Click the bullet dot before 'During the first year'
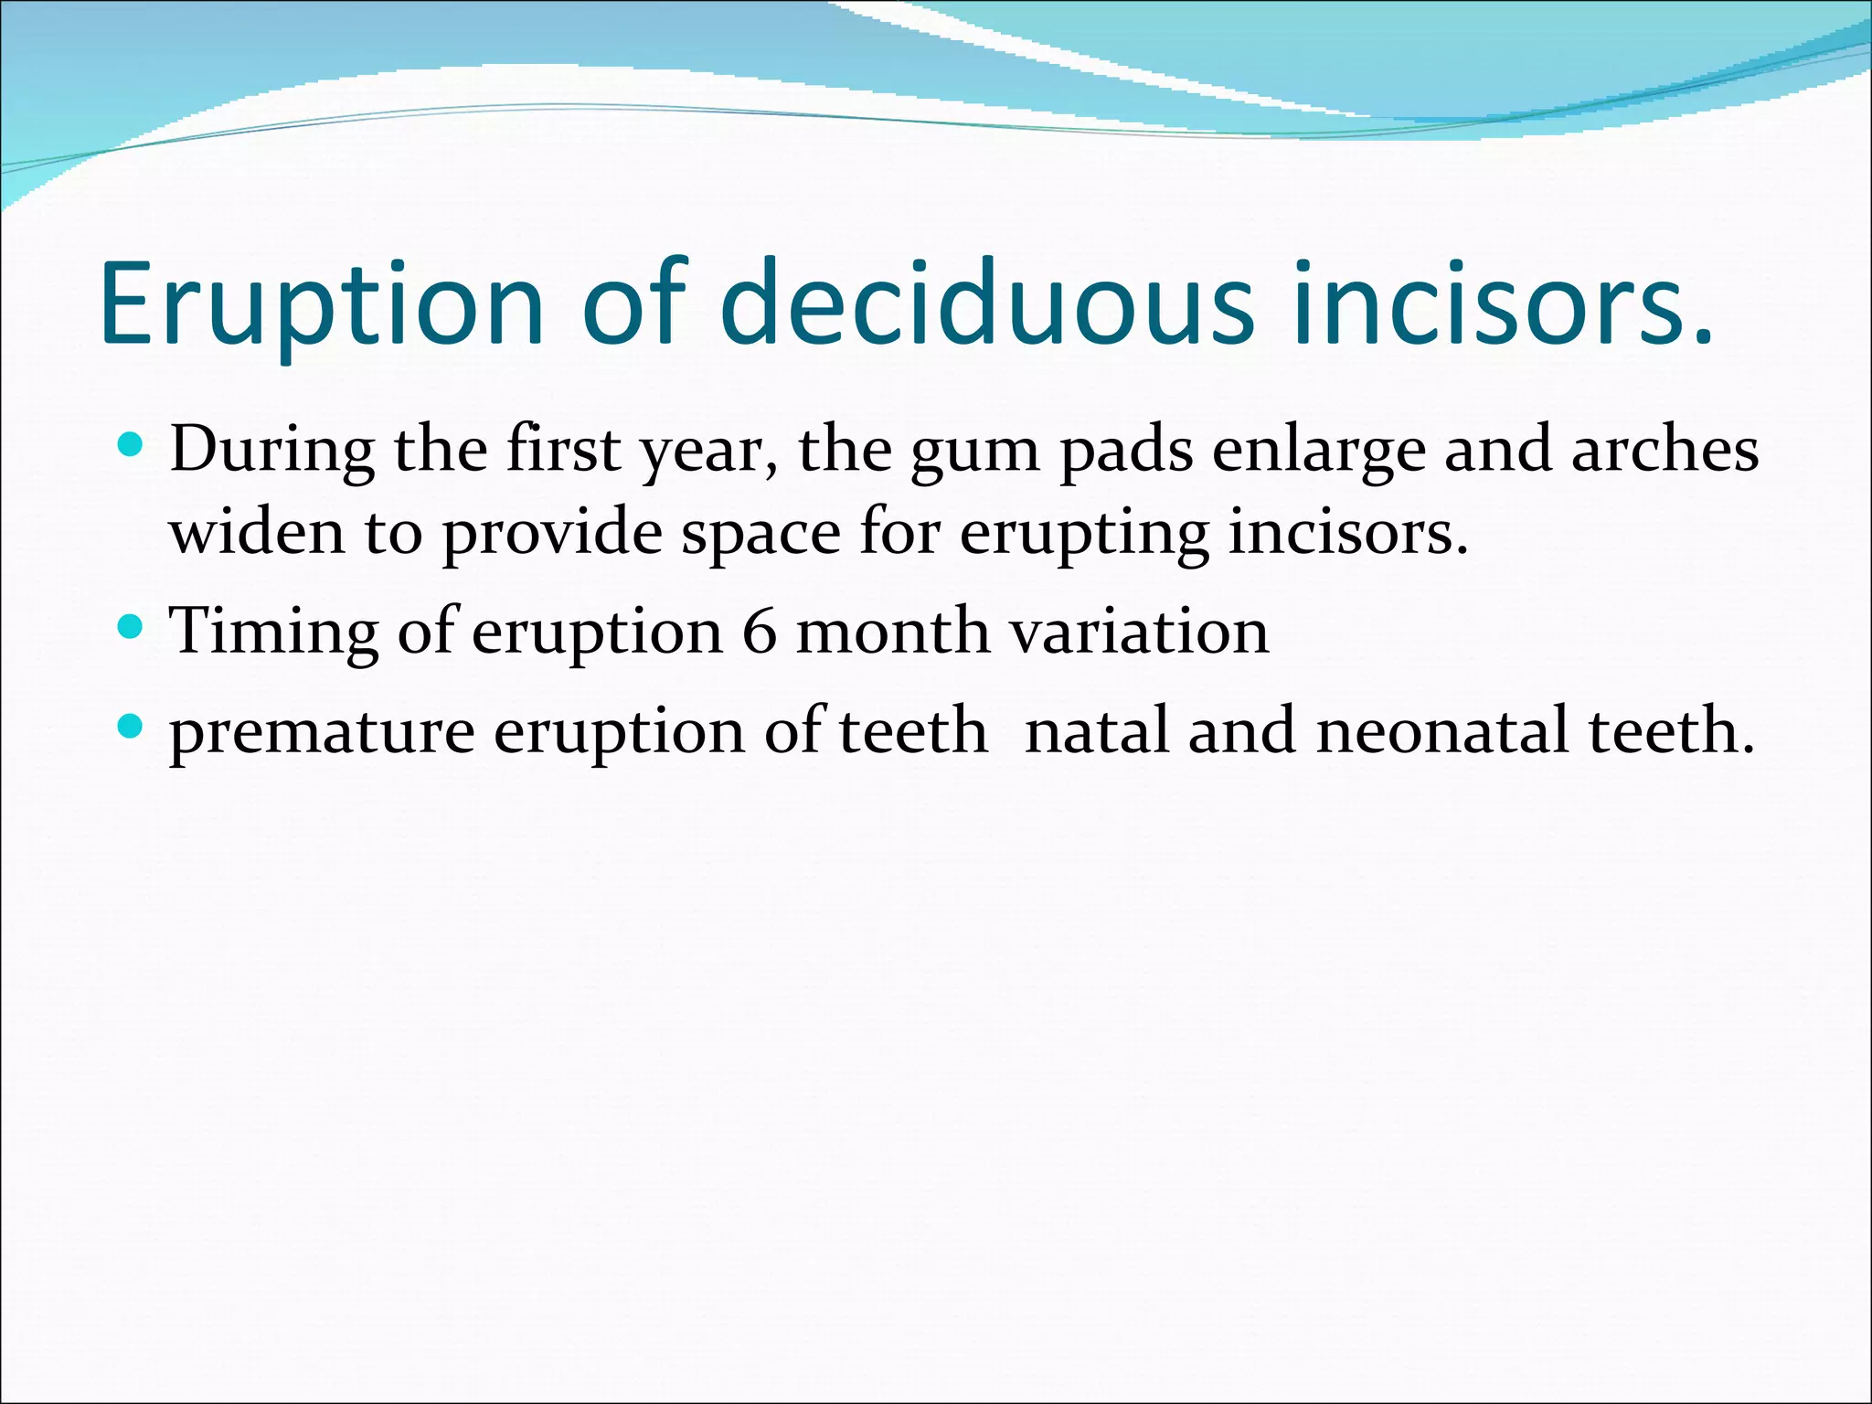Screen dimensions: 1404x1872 [132, 446]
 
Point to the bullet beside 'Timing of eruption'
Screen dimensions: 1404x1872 [132, 628]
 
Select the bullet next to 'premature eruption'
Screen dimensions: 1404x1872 [132, 728]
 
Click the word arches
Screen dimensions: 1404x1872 [1665, 450]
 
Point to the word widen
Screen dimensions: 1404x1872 [257, 531]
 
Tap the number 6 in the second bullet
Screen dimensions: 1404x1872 [759, 631]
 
